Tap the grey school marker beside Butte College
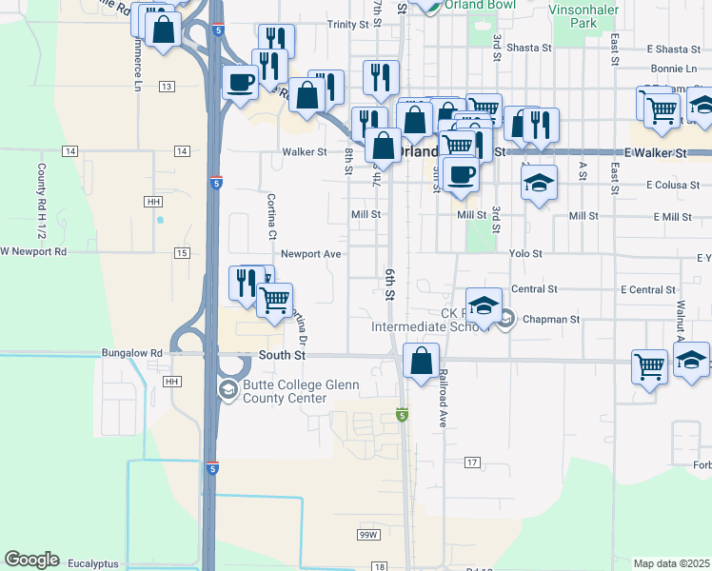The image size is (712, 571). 227,389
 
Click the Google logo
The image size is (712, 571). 31,560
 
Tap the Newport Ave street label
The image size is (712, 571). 311,254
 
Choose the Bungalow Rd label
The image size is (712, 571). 131,352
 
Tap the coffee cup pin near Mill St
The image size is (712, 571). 461,175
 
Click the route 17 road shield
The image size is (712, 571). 472,462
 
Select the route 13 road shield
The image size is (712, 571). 168,87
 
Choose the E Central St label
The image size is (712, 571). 647,289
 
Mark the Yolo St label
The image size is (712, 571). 524,254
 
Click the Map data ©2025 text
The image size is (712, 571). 671,563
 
